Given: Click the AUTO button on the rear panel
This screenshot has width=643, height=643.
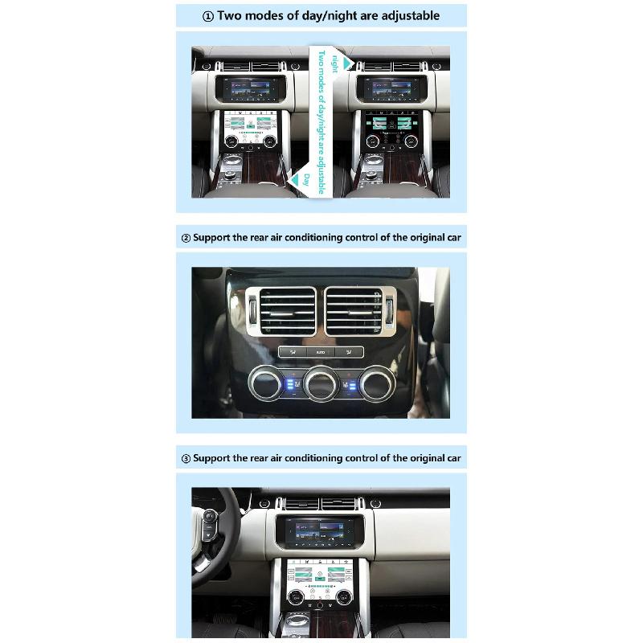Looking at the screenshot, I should [321, 352].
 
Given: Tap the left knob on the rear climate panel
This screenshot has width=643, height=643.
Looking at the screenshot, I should [266, 383].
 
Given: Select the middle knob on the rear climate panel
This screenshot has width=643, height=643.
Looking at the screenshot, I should [321, 383].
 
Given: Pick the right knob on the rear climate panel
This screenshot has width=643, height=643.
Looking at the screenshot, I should [376, 383].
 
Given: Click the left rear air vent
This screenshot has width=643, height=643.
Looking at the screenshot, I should [288, 311].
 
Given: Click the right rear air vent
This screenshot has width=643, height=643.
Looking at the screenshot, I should [354, 311].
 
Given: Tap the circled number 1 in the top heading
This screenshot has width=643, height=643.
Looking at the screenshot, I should [207, 16].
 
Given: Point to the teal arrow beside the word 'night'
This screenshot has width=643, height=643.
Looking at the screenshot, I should [347, 62].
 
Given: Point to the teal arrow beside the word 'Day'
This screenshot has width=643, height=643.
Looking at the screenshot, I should [295, 180].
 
